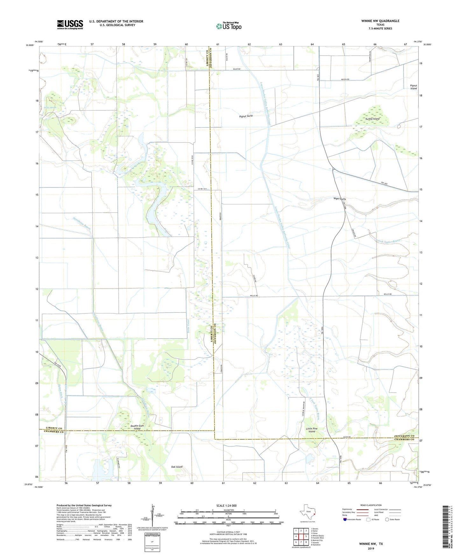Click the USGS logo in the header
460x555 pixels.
pos(70,24)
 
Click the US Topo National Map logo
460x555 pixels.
pos(229,26)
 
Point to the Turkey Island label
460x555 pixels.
pos(372,119)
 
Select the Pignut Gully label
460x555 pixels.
pos(246,116)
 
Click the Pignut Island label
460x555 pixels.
pos(413,87)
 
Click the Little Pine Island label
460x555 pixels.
pos(312,430)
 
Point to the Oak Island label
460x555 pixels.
pos(177,467)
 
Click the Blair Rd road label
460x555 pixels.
pos(236,69)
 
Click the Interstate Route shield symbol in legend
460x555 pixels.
pos(345,519)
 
